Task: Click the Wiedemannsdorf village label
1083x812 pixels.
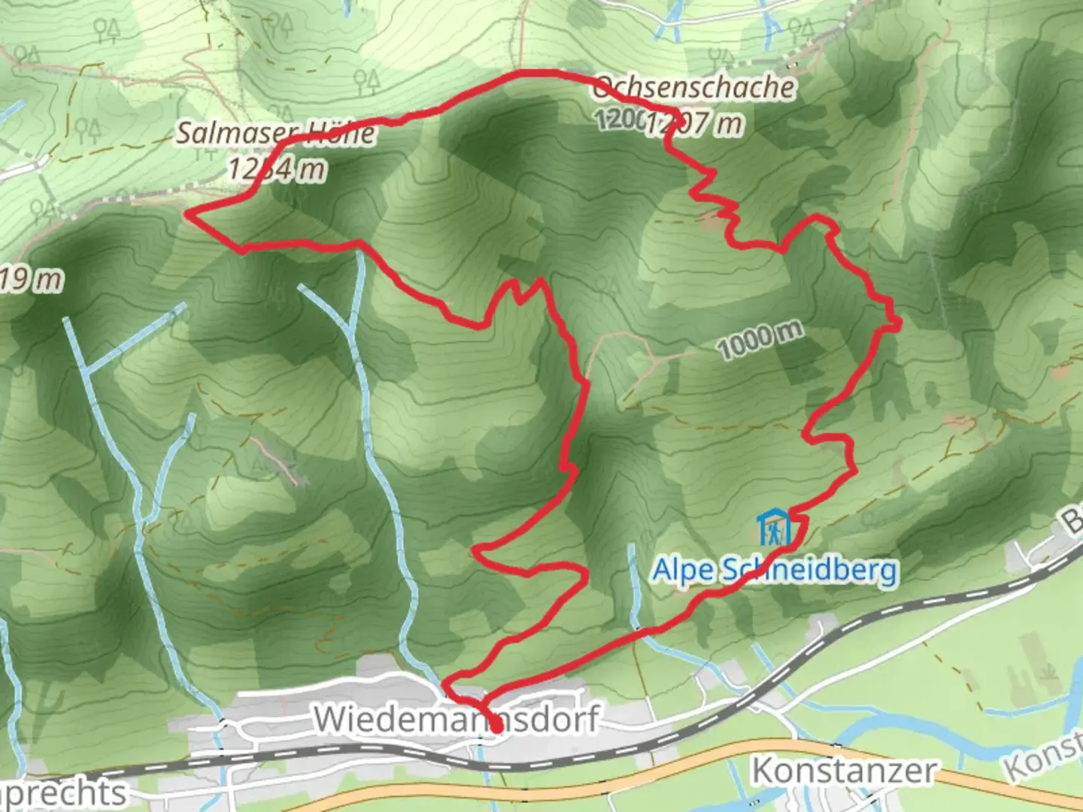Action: [456, 719]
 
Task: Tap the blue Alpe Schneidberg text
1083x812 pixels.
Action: [775, 570]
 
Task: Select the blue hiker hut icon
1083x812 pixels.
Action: [774, 528]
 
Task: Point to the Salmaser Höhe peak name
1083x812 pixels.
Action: [275, 134]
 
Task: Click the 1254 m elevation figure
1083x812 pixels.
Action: [277, 170]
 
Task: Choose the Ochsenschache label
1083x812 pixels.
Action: [693, 88]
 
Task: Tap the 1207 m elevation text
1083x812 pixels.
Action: [696, 123]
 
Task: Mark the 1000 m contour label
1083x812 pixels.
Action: [759, 341]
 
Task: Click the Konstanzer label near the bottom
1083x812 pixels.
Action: [844, 771]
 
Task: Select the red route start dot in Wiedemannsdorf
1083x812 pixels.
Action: [496, 728]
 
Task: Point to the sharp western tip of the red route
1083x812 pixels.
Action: [188, 216]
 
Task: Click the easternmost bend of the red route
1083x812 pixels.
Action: [898, 323]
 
